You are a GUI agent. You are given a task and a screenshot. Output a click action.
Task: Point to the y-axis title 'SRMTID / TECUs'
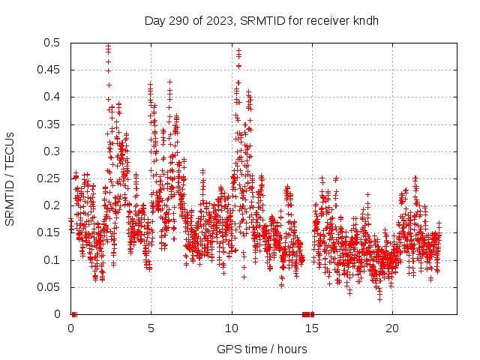(10, 178)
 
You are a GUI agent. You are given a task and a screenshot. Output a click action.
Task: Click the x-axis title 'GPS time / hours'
(262, 349)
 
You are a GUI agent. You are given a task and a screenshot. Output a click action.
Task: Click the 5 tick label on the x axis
(151, 328)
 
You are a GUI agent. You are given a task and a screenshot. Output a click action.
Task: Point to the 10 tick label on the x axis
(232, 328)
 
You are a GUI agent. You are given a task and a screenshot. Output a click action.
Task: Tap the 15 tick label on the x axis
(312, 328)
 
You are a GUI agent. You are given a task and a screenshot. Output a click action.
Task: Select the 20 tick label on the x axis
(392, 328)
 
